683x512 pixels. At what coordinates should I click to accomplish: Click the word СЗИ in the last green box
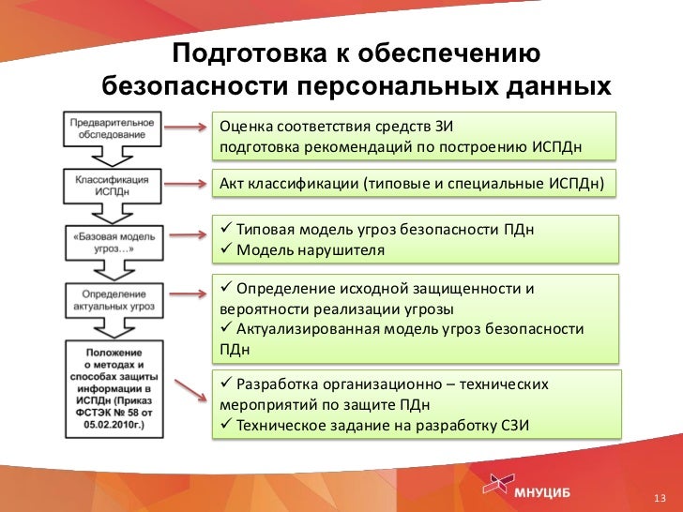pyautogui.click(x=515, y=426)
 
